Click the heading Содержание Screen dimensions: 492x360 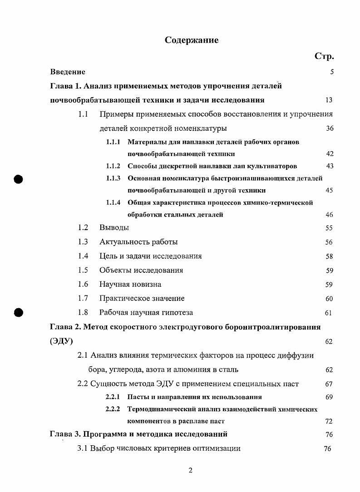191,40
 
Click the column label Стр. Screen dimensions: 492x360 324,56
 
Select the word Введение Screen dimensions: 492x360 68,72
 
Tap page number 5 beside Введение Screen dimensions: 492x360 332,72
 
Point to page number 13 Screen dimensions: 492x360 329,100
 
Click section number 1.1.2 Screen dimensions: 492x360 113,166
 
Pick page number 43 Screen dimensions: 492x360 330,166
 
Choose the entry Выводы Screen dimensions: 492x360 114,227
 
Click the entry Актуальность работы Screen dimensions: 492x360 138,242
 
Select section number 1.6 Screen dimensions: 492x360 83,284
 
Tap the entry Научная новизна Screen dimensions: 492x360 130,284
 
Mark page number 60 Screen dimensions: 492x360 329,299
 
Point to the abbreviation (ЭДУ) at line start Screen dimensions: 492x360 61,341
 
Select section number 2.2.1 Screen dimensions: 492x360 113,397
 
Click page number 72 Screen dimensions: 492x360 329,421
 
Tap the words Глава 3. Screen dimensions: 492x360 64,434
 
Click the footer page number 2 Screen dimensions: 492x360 191,470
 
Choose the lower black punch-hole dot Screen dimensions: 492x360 18,312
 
